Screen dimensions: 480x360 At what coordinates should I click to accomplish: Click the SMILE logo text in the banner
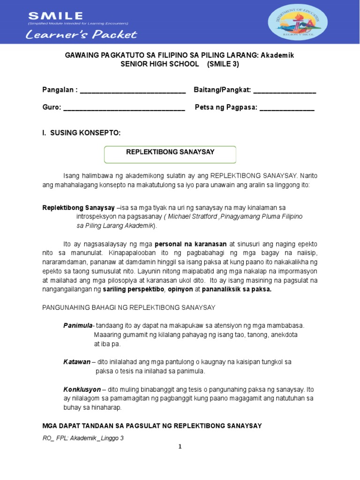click(55, 16)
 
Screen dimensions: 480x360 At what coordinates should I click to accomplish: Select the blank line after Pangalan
click(133, 91)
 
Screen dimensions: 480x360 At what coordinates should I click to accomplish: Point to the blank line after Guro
click(124, 108)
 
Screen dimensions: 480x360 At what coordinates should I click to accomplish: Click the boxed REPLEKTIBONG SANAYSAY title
click(170, 152)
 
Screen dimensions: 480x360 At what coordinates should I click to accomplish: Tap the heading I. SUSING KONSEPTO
click(82, 133)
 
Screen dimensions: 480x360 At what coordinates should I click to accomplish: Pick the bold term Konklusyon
click(82, 389)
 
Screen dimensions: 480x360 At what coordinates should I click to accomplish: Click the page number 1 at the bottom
click(180, 447)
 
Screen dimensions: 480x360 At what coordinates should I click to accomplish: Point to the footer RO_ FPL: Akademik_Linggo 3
click(83, 438)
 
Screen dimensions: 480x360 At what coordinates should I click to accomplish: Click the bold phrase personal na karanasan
click(191, 244)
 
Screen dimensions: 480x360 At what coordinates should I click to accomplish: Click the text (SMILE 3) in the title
click(223, 64)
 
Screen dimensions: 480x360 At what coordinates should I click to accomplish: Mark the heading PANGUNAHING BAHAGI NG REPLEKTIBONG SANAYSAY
click(129, 307)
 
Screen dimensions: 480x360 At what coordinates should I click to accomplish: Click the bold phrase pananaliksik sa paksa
click(237, 289)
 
